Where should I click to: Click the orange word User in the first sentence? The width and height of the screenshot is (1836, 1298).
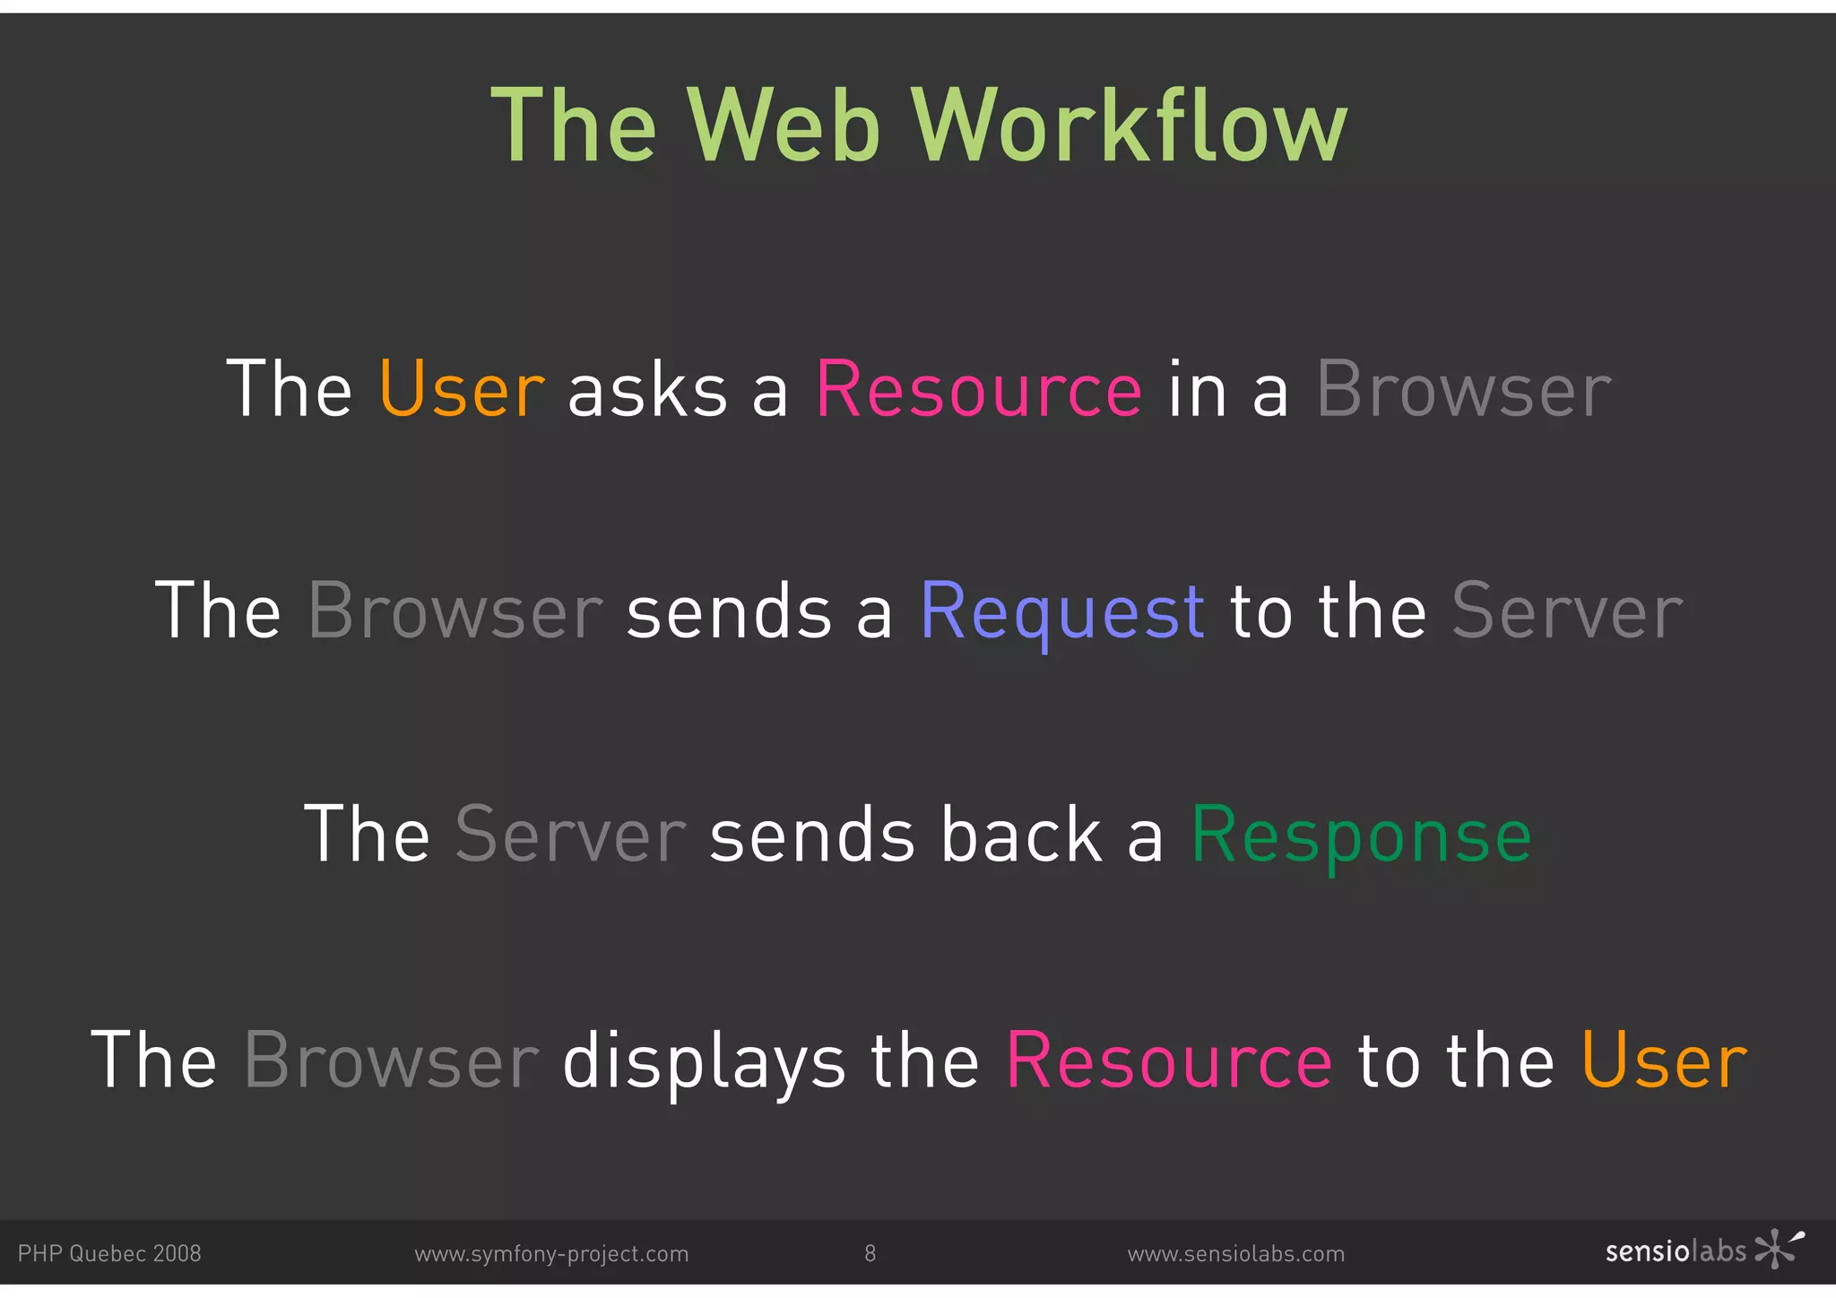462,390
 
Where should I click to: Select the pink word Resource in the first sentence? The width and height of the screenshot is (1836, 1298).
979,390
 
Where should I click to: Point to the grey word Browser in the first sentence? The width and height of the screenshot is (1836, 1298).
1464,390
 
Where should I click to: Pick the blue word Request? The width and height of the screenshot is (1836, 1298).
1062,612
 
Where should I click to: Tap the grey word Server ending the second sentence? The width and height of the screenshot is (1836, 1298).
1567,612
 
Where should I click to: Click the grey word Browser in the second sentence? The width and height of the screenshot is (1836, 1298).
455,612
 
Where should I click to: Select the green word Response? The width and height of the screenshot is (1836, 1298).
1361,835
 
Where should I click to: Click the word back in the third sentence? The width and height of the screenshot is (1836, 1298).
1021,835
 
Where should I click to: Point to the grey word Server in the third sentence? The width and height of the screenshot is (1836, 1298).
571,835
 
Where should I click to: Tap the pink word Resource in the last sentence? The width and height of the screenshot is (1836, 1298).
1169,1060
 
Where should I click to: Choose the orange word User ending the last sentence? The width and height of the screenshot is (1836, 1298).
1664,1060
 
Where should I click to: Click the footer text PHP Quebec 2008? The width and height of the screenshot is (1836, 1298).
109,1253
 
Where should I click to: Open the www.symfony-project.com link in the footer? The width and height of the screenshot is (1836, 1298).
551,1254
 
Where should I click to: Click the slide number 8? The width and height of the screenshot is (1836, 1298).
870,1253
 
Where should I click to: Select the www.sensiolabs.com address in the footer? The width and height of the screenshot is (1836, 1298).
1236,1254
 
